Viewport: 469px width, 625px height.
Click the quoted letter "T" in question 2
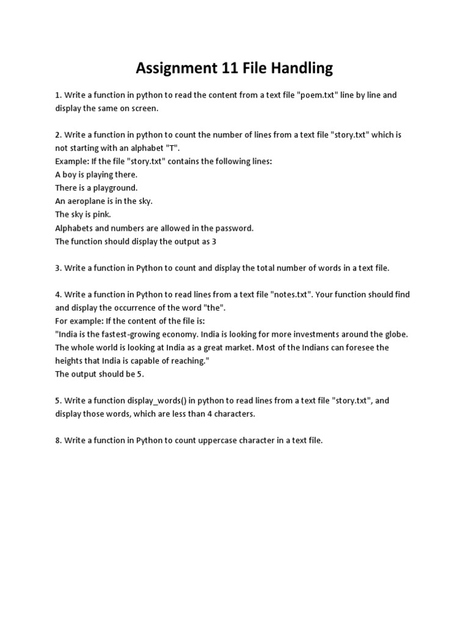[x=156, y=148]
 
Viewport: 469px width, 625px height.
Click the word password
[x=235, y=228]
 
